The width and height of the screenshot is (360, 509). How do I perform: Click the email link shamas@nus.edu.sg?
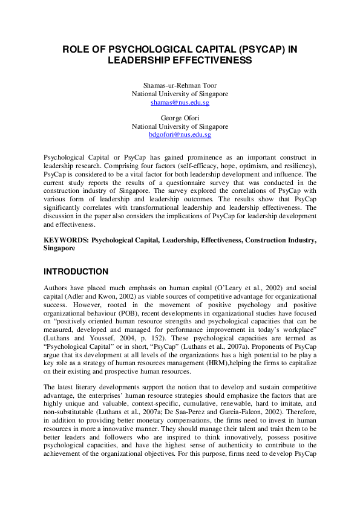point(180,103)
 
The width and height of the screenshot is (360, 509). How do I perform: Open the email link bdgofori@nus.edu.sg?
point(180,135)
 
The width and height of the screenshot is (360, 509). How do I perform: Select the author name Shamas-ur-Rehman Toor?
point(180,86)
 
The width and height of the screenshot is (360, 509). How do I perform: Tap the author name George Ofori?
point(180,118)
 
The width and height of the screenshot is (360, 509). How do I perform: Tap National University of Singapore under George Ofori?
point(180,126)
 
